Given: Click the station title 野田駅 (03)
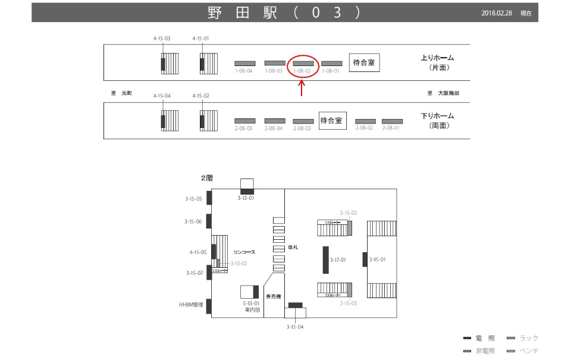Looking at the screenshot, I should pos(284,12).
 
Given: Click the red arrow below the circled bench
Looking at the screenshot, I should pos(302,88).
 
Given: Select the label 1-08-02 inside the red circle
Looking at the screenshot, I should pos(302,71).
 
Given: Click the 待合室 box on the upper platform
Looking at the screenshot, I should pos(364,62).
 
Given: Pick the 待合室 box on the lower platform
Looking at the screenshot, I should pos(331,121).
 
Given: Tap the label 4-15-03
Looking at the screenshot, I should pos(162,39).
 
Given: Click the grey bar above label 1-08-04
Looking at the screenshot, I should pos(244,63).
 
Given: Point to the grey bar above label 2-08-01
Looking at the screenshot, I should pos(392,121).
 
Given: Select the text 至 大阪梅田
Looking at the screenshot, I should pos(443,93).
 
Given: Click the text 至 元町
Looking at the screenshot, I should pos(121,93).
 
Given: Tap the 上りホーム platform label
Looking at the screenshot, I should pos(437,58).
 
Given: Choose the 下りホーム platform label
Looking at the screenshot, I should pos(437,115).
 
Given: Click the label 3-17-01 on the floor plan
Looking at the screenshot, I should pos(338,260).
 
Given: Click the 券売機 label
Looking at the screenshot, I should pos(273,296).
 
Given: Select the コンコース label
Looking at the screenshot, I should pos(244,252).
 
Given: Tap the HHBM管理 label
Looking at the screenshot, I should pos(191,305).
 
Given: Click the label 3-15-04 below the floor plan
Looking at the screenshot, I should pos(296,327).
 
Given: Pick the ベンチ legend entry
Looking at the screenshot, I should pos(529,351).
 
